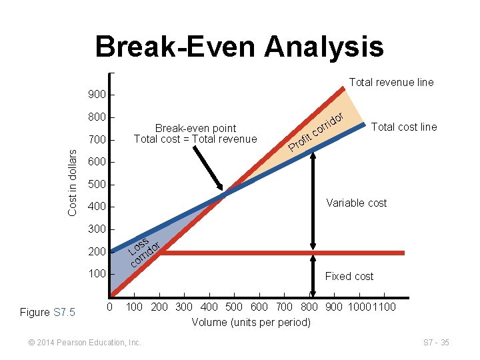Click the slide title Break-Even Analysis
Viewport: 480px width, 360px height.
pos(239,47)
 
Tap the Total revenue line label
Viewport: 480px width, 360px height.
pos(391,83)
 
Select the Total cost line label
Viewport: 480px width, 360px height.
pos(404,127)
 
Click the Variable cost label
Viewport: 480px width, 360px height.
pos(356,203)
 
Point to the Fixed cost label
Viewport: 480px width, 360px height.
pos(349,276)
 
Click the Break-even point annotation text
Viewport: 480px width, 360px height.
pos(195,133)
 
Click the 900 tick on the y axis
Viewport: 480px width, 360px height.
pos(97,95)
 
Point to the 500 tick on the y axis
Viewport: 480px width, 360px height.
pos(97,184)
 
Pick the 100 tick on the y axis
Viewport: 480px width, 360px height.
pos(97,274)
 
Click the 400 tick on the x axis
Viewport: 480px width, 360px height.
pos(209,307)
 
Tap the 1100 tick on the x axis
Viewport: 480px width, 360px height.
pos(385,307)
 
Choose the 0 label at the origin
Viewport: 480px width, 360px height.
pos(110,307)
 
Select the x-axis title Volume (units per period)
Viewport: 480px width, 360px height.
pos(251,323)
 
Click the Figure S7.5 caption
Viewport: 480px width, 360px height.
pos(47,312)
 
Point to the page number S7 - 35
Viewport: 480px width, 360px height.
pos(436,343)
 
